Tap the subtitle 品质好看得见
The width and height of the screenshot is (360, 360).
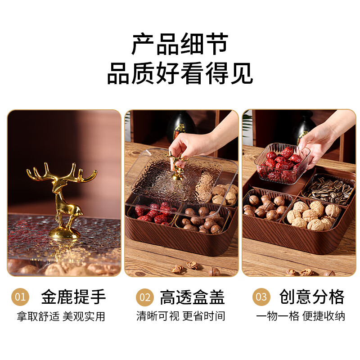(x=180, y=73)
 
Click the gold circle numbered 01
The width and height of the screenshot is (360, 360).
(x=20, y=297)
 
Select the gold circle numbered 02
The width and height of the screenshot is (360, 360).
(x=144, y=297)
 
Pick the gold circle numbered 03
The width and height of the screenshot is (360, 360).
(x=261, y=297)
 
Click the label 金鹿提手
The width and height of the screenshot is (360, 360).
(x=73, y=297)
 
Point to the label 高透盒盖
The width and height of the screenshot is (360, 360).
(x=192, y=297)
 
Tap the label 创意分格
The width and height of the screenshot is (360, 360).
(x=312, y=297)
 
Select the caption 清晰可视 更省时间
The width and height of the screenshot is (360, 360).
(x=181, y=316)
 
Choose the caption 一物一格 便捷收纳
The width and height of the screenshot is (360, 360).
(x=301, y=316)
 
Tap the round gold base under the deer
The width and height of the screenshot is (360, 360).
(x=64, y=233)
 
